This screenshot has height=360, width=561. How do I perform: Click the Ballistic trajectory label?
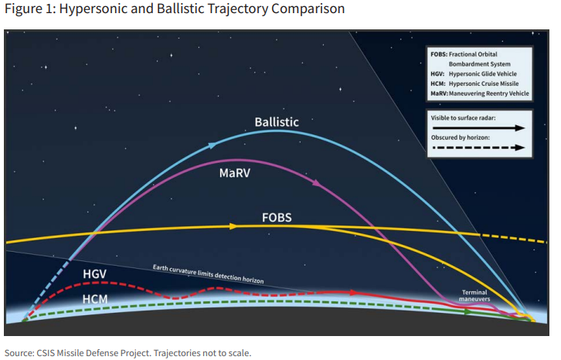click(x=277, y=122)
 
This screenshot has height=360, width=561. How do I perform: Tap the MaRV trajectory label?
click(x=235, y=173)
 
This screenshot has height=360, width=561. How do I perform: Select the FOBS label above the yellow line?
click(x=277, y=218)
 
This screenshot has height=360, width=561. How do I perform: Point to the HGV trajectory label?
click(x=94, y=274)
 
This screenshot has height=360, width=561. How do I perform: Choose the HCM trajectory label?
click(x=95, y=299)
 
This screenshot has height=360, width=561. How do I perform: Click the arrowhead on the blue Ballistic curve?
click(x=212, y=145)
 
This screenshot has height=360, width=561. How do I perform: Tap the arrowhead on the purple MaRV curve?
click(x=317, y=183)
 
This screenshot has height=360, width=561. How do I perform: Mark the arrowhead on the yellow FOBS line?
click(x=233, y=226)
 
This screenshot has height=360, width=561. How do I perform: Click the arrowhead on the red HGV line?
click(x=354, y=293)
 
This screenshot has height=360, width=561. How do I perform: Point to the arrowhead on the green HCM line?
click(x=468, y=312)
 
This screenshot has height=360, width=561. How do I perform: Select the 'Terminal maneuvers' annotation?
click(x=474, y=296)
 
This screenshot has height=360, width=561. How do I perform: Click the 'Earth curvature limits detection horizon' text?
click(x=208, y=274)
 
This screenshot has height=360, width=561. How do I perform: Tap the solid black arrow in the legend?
click(x=478, y=127)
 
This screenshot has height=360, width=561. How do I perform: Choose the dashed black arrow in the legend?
click(x=478, y=148)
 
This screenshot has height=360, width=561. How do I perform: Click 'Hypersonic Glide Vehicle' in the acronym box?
click(x=483, y=73)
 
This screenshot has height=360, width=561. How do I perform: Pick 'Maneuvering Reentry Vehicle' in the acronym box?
click(x=488, y=93)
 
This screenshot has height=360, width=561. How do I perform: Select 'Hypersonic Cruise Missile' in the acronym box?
click(x=484, y=83)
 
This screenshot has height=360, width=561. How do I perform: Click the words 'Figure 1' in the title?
click(x=29, y=8)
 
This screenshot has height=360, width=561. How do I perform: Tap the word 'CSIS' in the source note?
click(x=45, y=353)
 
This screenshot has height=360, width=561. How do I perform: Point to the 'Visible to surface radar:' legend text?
click(x=463, y=118)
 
